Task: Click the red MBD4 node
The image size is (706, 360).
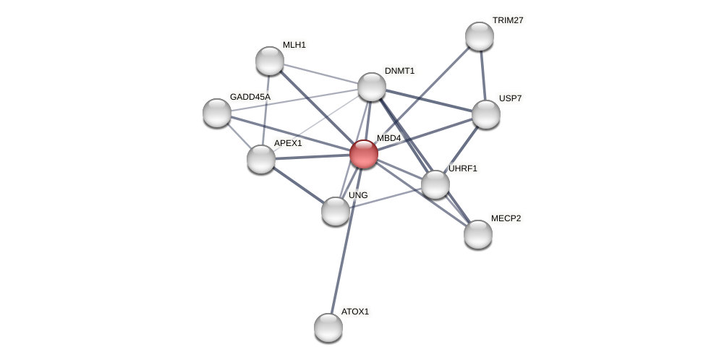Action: point(364,154)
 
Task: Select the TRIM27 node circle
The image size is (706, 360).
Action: point(479,36)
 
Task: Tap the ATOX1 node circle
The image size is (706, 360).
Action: point(328,327)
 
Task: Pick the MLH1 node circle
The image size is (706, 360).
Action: point(270,61)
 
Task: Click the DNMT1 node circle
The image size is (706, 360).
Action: point(372,87)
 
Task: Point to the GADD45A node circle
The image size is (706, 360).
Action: point(217,113)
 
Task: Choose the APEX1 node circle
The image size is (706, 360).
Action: point(261,159)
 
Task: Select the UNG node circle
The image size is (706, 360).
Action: point(336,211)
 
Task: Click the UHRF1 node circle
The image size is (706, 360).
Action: point(435,184)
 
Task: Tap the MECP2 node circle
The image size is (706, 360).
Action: point(478,234)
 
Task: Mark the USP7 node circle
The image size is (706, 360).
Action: point(486,114)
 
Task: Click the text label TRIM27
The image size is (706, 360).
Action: point(507,20)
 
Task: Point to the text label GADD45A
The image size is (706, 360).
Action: point(250,97)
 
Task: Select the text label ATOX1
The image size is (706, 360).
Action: point(354,312)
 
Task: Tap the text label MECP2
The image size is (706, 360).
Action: point(506,218)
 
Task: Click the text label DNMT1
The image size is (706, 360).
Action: point(399,71)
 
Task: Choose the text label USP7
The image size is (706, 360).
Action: point(510,98)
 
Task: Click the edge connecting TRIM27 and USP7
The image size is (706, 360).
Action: point(482,75)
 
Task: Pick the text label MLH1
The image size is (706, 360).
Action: point(294,45)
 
